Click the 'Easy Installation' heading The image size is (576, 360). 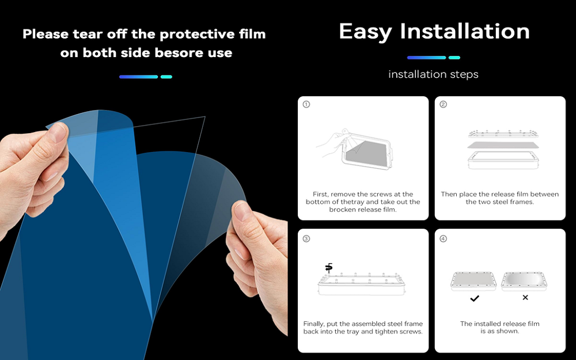[x=434, y=31]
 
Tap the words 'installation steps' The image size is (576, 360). [x=433, y=74]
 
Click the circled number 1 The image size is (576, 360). [x=306, y=104]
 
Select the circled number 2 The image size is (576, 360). [x=443, y=104]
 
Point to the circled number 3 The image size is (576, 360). [x=306, y=238]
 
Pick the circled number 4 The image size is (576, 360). [x=443, y=238]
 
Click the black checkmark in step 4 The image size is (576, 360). [x=474, y=298]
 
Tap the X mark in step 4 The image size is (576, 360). [x=525, y=298]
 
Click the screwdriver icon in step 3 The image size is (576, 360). [x=329, y=267]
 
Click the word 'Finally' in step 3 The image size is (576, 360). [x=314, y=324]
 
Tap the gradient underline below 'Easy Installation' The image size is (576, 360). [x=433, y=58]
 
